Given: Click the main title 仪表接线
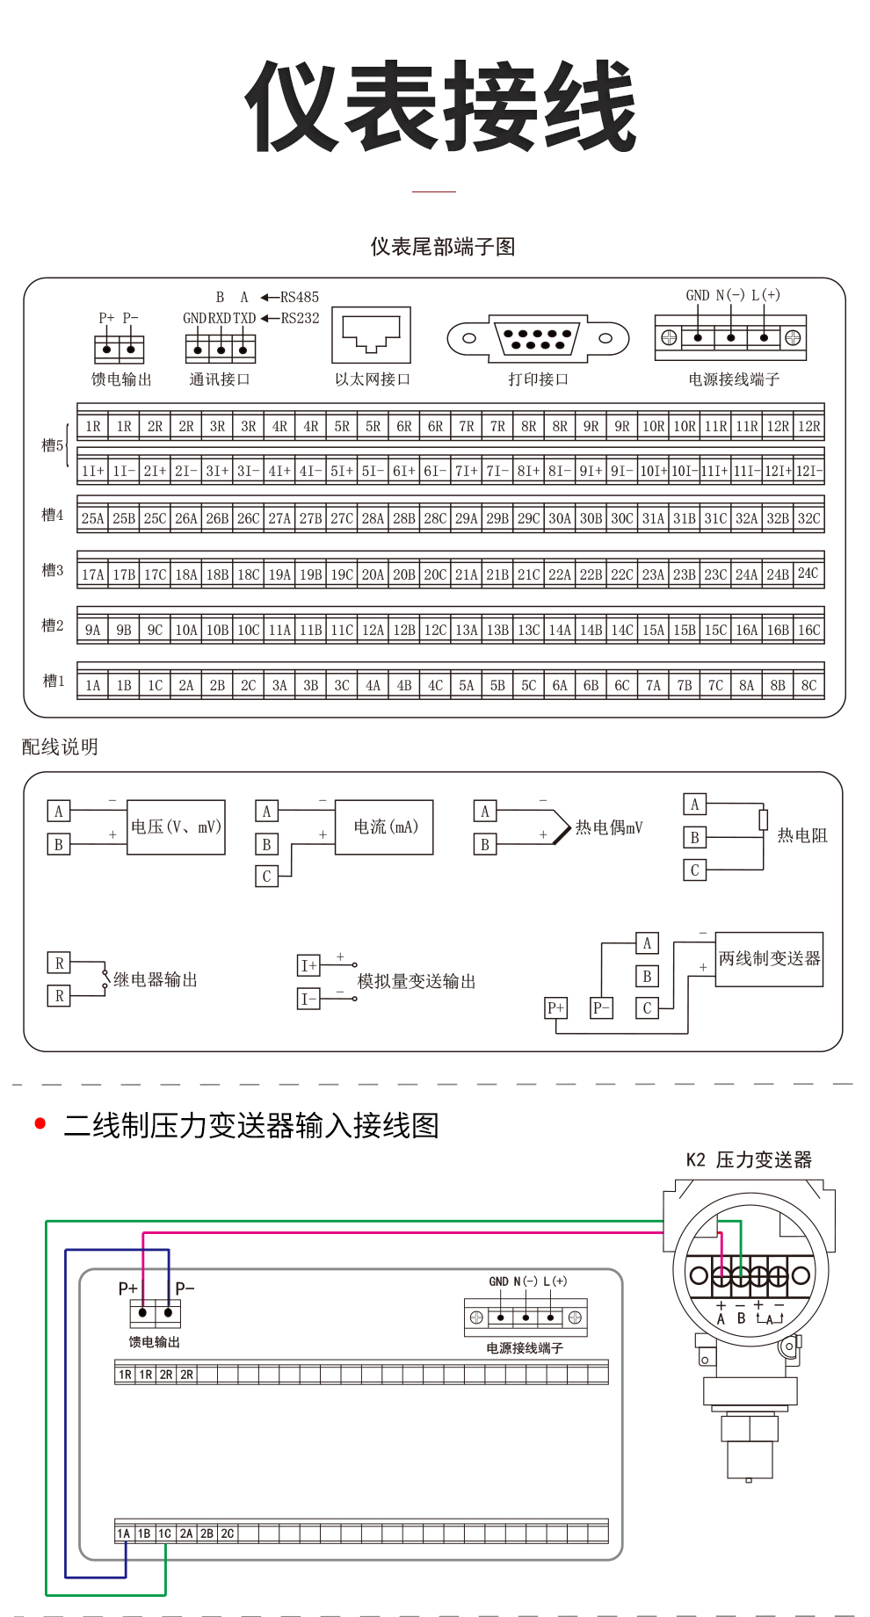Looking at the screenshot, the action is coord(441,106).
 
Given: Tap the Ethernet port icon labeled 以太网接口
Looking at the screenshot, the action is coord(372,335).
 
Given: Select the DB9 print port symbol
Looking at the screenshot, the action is coord(539,338).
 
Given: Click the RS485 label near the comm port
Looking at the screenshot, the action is coord(300,297).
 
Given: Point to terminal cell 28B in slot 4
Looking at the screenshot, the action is coord(404,518).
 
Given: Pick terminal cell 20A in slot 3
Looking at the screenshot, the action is coord(373,574).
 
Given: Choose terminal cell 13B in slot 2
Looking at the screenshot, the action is coord(497,630).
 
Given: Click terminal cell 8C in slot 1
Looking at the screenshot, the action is coord(809,685).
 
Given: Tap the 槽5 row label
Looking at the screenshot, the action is coord(53,445).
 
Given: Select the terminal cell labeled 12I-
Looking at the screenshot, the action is coord(809,471).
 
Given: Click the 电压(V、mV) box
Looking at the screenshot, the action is coord(176,827).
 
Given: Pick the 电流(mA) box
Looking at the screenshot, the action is coord(385,827).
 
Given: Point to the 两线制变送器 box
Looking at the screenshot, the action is coord(770,959).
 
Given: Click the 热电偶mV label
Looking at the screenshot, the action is coord(609,827).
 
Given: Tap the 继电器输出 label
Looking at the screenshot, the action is coord(156,979).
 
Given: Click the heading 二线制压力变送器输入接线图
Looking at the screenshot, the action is coord(251,1125).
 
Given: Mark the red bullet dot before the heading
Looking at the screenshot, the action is coord(40,1123).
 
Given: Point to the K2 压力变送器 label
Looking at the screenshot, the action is coord(749,1159).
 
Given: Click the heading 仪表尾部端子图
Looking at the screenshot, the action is coord(443,247).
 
